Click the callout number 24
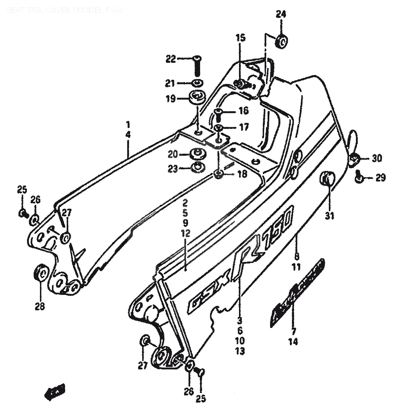click(x=281, y=14)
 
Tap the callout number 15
click(x=240, y=38)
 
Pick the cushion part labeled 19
click(x=197, y=98)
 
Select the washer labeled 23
click(x=197, y=167)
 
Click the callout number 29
click(x=380, y=178)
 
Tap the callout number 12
click(x=186, y=234)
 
